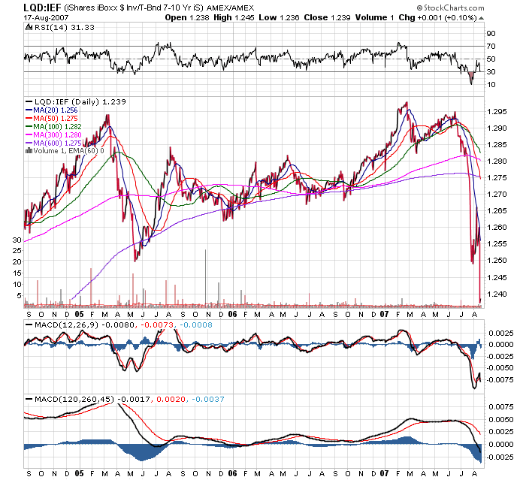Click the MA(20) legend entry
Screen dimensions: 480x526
click(55, 109)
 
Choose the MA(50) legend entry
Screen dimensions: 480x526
click(55, 117)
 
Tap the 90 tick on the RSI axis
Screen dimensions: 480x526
click(490, 34)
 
